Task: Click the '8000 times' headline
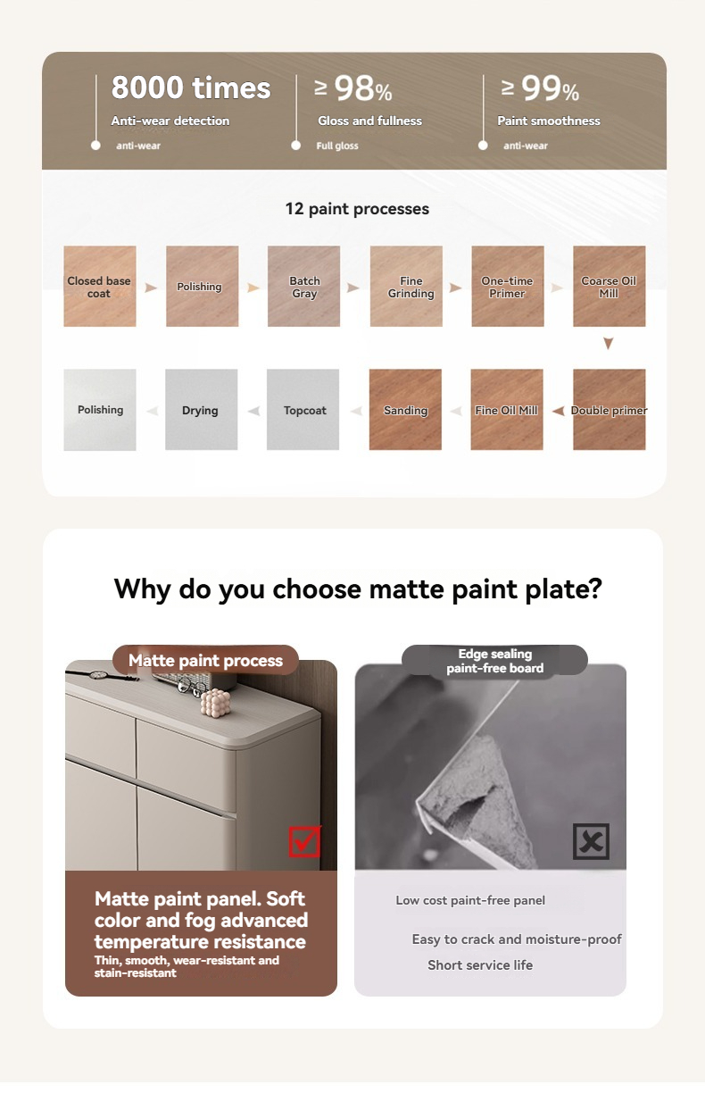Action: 191,88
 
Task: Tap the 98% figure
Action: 353,88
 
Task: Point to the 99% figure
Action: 541,88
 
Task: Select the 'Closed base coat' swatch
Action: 100,286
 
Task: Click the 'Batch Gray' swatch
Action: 303,286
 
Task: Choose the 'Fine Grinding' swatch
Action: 406,286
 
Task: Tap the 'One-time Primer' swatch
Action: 508,286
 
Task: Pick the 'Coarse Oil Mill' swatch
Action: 610,286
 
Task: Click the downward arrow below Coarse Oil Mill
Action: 609,344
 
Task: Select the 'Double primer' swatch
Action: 610,409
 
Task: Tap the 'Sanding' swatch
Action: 405,409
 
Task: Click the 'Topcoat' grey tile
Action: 303,409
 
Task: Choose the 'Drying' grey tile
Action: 201,409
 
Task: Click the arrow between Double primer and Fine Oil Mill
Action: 558,411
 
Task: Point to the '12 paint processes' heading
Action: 357,209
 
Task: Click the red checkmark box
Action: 304,841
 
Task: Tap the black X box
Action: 592,841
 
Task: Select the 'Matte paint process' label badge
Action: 205,660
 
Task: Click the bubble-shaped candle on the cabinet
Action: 216,702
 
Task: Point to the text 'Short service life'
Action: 480,965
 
